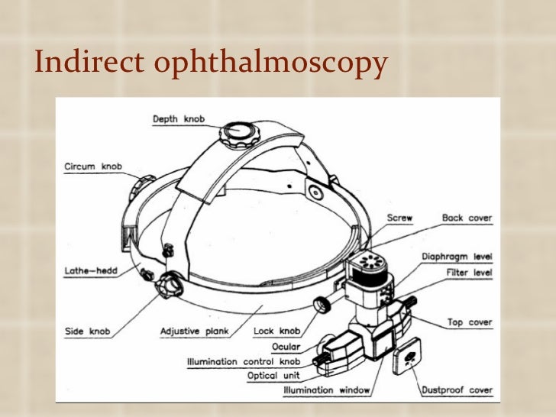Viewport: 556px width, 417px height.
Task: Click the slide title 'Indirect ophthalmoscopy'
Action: (x=211, y=65)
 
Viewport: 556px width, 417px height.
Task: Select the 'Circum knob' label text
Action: (x=92, y=166)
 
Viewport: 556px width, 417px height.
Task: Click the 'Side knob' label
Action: (x=86, y=332)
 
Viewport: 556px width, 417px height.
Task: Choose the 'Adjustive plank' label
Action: (x=196, y=332)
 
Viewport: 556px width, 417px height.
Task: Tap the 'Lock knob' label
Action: (x=276, y=332)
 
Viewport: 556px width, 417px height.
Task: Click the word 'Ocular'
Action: (x=285, y=347)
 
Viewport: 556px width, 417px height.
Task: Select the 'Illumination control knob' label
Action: (x=244, y=361)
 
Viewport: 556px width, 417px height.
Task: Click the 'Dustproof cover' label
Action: (x=457, y=390)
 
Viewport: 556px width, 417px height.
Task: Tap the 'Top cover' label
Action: (x=470, y=322)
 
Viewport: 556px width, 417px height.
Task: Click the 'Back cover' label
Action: (x=467, y=218)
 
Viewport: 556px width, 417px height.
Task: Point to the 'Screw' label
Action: (x=399, y=218)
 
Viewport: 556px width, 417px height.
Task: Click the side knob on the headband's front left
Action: (x=167, y=289)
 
